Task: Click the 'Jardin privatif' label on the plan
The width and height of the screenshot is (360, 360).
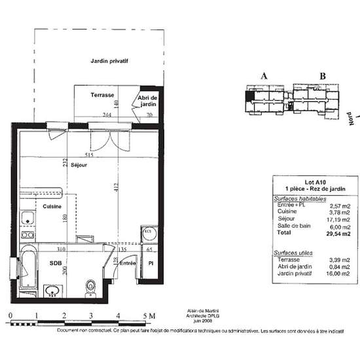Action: click(109, 60)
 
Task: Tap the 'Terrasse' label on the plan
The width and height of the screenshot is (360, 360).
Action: click(103, 95)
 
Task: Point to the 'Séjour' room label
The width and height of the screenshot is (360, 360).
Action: click(79, 165)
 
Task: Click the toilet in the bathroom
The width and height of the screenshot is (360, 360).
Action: click(90, 286)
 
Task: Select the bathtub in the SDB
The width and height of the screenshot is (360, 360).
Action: click(28, 268)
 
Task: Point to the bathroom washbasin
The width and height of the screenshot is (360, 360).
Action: click(52, 290)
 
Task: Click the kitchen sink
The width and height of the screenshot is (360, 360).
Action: click(27, 219)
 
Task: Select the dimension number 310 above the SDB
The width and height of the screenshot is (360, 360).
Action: click(62, 249)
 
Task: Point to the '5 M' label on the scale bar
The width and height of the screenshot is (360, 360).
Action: click(149, 315)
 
